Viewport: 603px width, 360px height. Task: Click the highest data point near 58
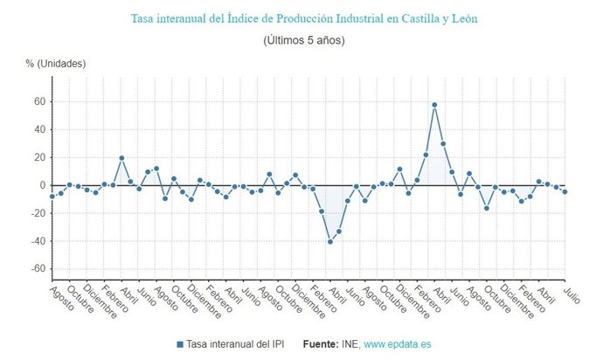click(434, 105)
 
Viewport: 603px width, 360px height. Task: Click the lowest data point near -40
click(330, 241)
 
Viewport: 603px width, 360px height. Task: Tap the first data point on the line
click(52, 197)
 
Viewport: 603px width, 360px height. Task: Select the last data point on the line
click(565, 191)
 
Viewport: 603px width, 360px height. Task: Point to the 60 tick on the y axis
click(38, 101)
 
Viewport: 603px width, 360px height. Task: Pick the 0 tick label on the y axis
click(41, 185)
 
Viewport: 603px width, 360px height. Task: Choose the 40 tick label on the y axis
click(38, 129)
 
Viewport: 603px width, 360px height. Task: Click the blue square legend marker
click(179, 345)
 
